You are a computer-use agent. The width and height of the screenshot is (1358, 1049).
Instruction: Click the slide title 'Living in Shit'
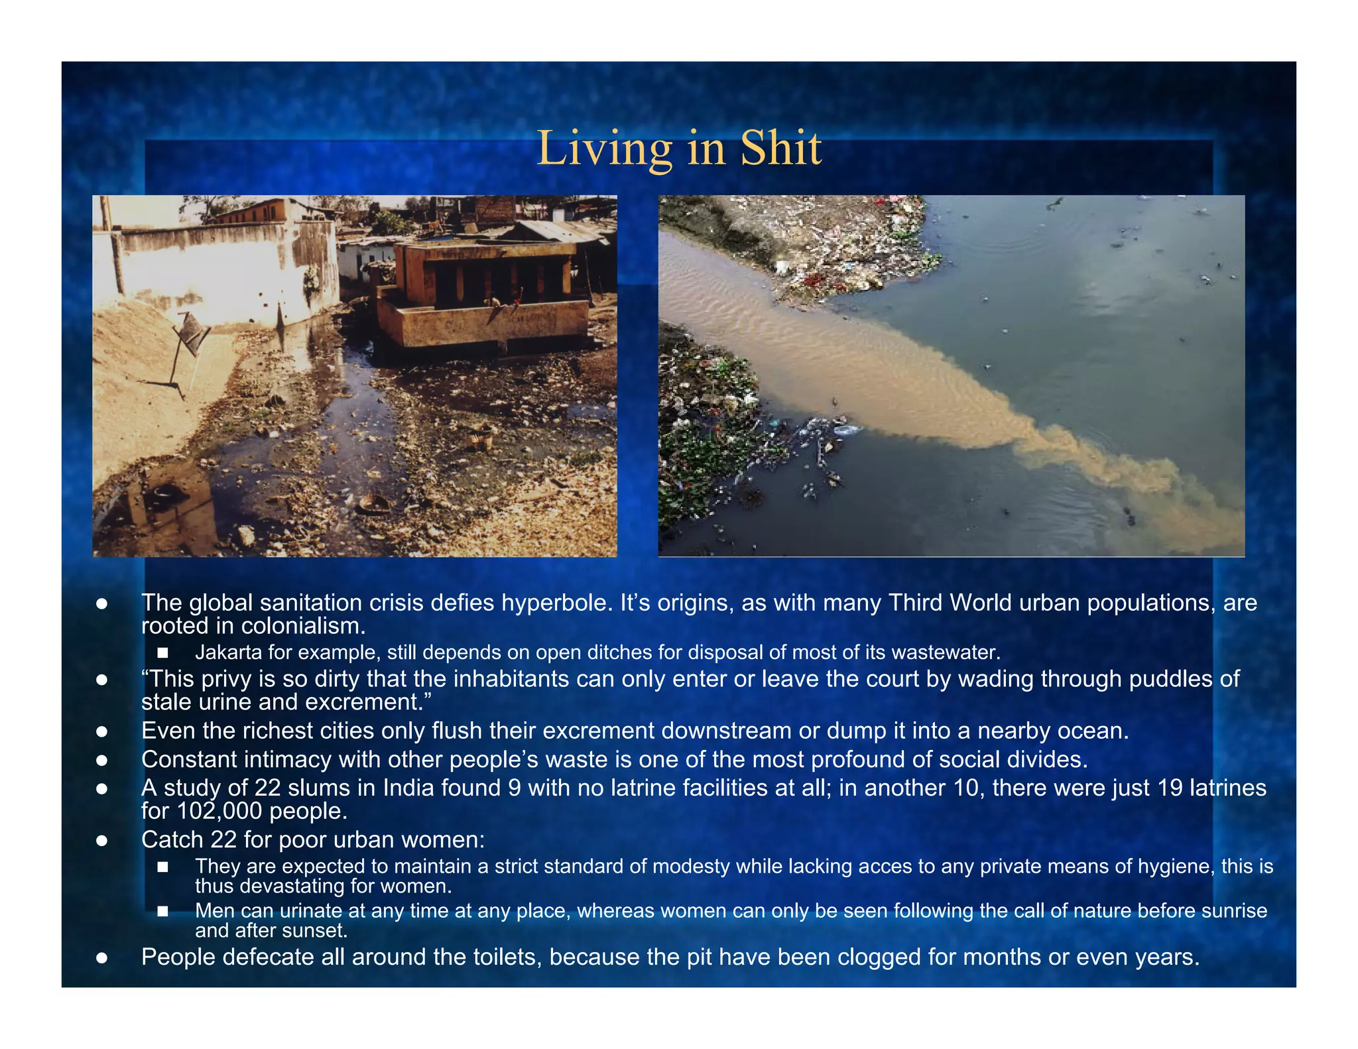tap(678, 148)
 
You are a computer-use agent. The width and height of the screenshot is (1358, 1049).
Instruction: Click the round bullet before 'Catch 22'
tap(101, 841)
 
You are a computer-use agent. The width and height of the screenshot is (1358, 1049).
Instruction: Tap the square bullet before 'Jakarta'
tap(162, 653)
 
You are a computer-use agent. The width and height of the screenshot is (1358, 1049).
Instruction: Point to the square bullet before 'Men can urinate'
tap(162, 911)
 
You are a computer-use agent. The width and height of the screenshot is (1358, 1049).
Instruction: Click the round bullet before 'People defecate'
tap(101, 957)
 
